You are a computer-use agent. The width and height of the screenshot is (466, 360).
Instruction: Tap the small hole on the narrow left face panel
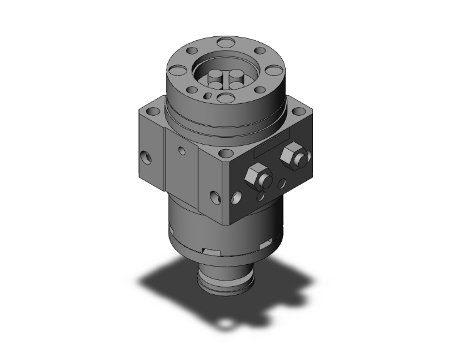[x=182, y=150]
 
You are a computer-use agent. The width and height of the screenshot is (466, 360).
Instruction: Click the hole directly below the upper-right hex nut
[x=282, y=183]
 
